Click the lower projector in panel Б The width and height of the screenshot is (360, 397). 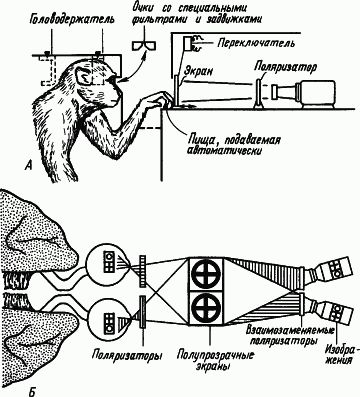click(x=329, y=300)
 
